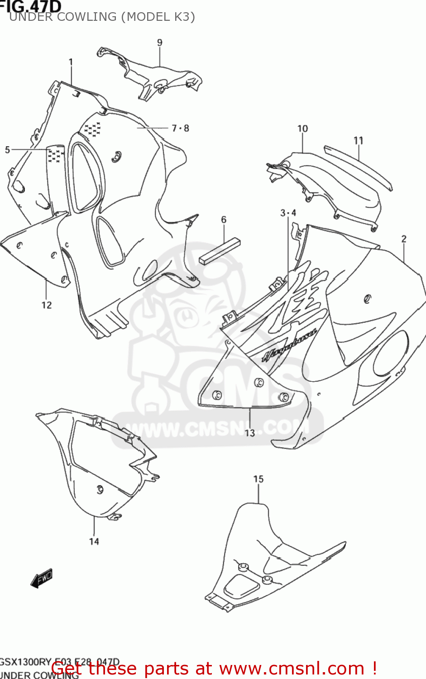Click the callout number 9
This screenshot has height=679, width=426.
pyautogui.click(x=160, y=43)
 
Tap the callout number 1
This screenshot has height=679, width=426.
pyautogui.click(x=71, y=62)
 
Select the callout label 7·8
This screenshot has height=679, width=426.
pyautogui.click(x=180, y=128)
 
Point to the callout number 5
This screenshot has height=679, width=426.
pyautogui.click(x=7, y=149)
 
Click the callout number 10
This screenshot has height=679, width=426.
pyautogui.click(x=302, y=129)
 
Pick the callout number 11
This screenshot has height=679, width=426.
pyautogui.click(x=359, y=140)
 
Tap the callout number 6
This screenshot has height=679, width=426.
pyautogui.click(x=224, y=220)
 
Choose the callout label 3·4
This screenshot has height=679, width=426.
pyautogui.click(x=288, y=213)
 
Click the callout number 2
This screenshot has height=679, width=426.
pyautogui.click(x=404, y=239)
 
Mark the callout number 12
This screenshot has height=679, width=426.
pyautogui.click(x=47, y=305)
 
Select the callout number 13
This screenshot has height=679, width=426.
pyautogui.click(x=250, y=433)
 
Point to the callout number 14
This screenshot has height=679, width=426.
pyautogui.click(x=94, y=541)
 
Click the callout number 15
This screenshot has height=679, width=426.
pyautogui.click(x=258, y=479)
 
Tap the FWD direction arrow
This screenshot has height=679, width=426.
pyautogui.click(x=42, y=578)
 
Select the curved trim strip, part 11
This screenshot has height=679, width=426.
pyautogui.click(x=358, y=166)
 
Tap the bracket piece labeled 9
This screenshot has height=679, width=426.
pyautogui.click(x=149, y=75)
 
